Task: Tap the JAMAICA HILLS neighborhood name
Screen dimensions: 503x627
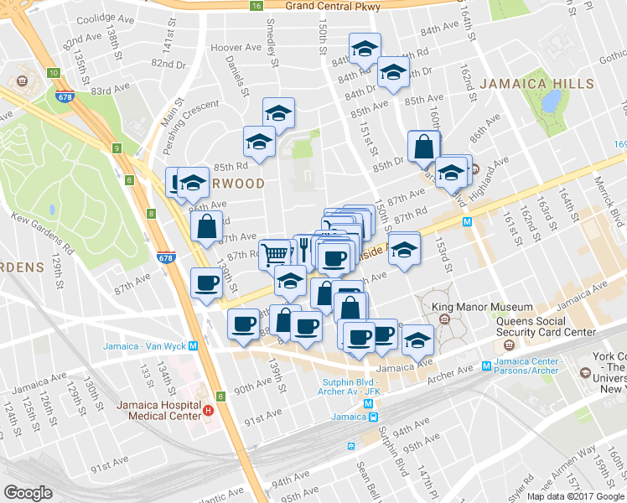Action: click(536, 85)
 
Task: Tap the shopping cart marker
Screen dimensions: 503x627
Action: click(276, 253)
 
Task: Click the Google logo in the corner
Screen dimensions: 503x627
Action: click(28, 492)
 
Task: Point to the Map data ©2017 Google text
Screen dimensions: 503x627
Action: click(576, 496)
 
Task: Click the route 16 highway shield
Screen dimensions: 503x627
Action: click(256, 6)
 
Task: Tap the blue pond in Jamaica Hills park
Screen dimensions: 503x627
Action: click(551, 101)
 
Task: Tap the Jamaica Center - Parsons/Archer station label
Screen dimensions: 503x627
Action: click(536, 366)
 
